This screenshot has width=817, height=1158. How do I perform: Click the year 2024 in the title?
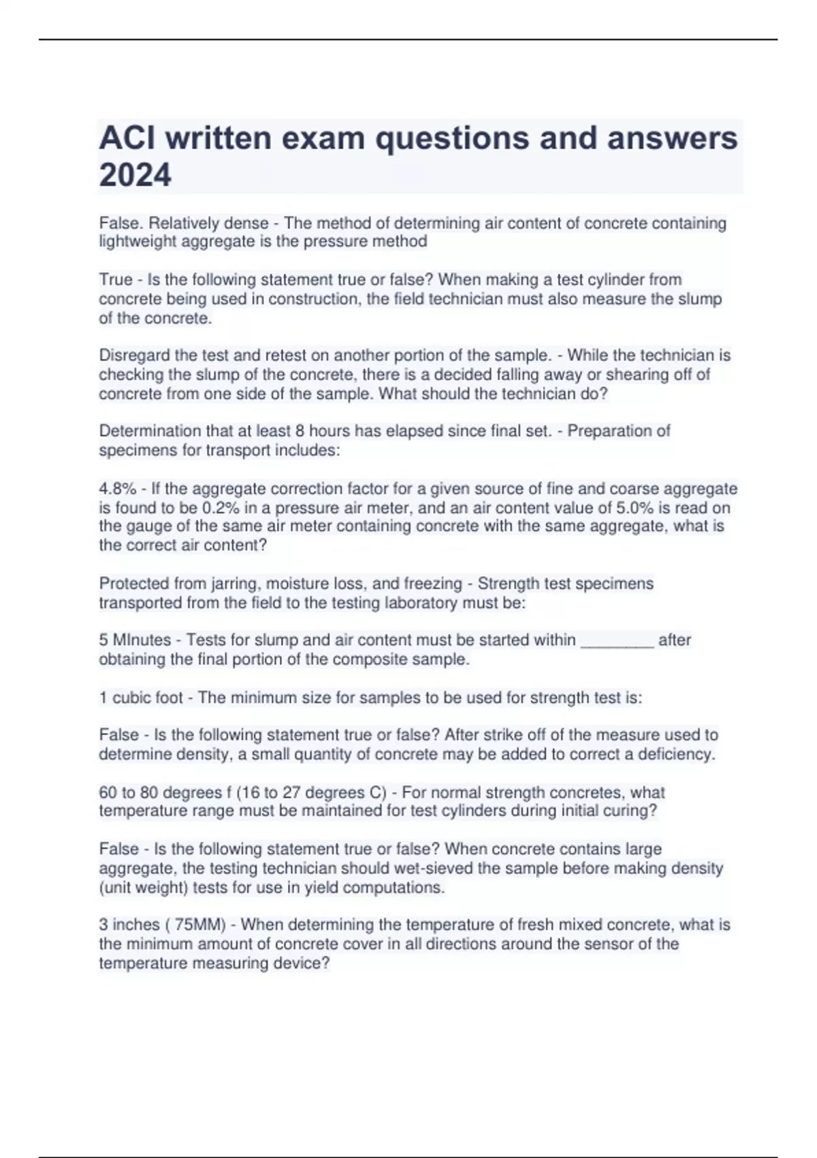pyautogui.click(x=135, y=175)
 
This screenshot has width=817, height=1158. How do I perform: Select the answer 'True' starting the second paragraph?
pyautogui.click(x=116, y=280)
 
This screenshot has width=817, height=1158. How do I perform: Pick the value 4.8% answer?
pyautogui.click(x=117, y=489)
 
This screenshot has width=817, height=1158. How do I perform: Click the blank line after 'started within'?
pyautogui.click(x=617, y=640)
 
